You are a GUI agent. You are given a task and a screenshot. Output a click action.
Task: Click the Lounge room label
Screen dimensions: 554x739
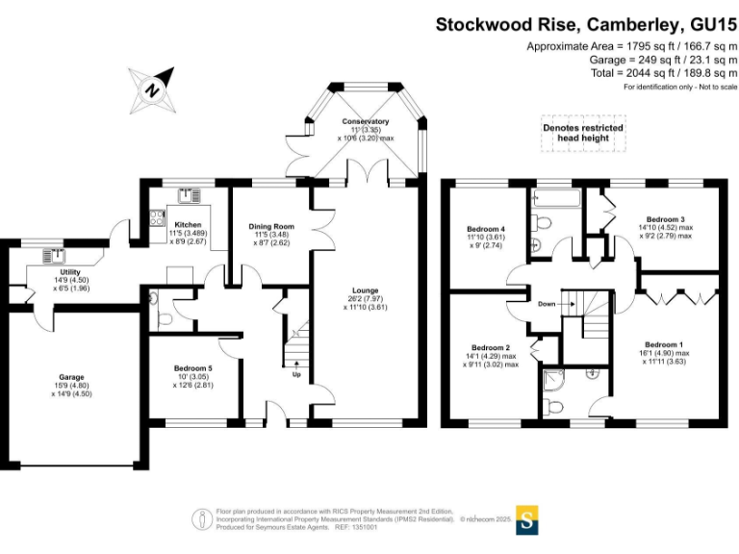365,290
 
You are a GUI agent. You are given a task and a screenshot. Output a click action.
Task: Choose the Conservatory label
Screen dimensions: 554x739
365,122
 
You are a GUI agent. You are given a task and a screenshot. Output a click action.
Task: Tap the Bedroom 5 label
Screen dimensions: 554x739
193,368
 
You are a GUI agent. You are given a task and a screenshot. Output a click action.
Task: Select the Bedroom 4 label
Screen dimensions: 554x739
486,228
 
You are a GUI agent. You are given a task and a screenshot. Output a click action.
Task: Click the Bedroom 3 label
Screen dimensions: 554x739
665,219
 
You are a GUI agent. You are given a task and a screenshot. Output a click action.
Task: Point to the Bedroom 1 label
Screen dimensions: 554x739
664,344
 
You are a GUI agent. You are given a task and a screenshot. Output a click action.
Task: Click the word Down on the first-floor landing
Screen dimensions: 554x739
547,303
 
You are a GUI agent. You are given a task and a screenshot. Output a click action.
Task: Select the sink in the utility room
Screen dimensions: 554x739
53,256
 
